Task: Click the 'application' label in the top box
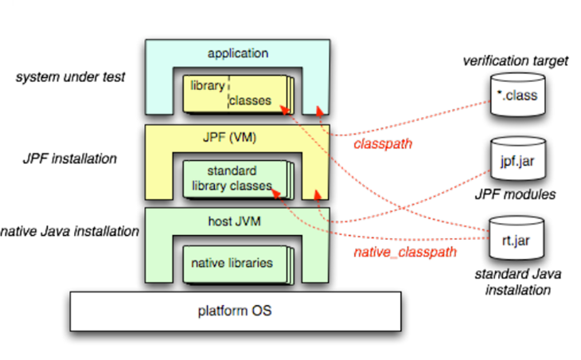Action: pyautogui.click(x=238, y=53)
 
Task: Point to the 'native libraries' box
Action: pyautogui.click(x=237, y=262)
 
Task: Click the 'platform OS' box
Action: pyautogui.click(x=235, y=310)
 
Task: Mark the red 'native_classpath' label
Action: pyautogui.click(x=405, y=252)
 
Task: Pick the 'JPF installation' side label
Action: pyautogui.click(x=69, y=158)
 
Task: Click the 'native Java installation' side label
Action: pyautogui.click(x=70, y=232)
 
